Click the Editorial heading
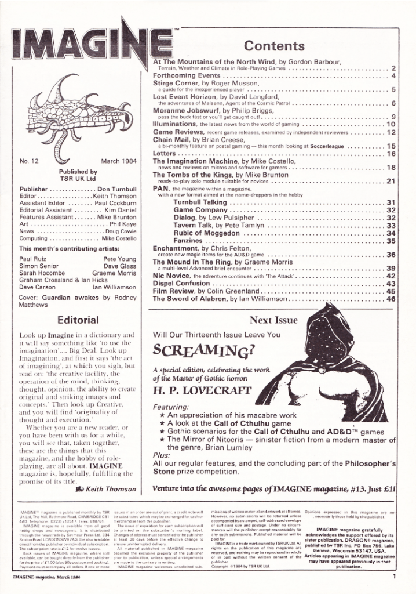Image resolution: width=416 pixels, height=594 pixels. point(77,319)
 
